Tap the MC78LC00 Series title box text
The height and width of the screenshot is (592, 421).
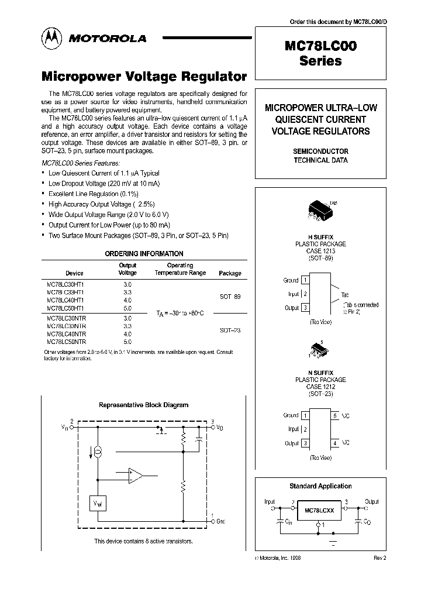(320, 54)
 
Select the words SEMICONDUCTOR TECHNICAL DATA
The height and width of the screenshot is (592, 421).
(320, 156)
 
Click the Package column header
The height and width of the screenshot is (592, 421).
(229, 273)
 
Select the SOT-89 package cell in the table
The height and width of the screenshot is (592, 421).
(230, 297)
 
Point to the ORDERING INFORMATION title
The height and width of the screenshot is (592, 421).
(144, 254)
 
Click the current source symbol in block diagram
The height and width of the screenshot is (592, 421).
(98, 452)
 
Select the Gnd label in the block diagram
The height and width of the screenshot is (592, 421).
(219, 521)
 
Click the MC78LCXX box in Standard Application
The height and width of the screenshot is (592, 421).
(319, 511)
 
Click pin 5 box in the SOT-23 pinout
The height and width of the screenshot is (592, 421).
(335, 415)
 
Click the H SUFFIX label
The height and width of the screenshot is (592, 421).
(320, 238)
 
